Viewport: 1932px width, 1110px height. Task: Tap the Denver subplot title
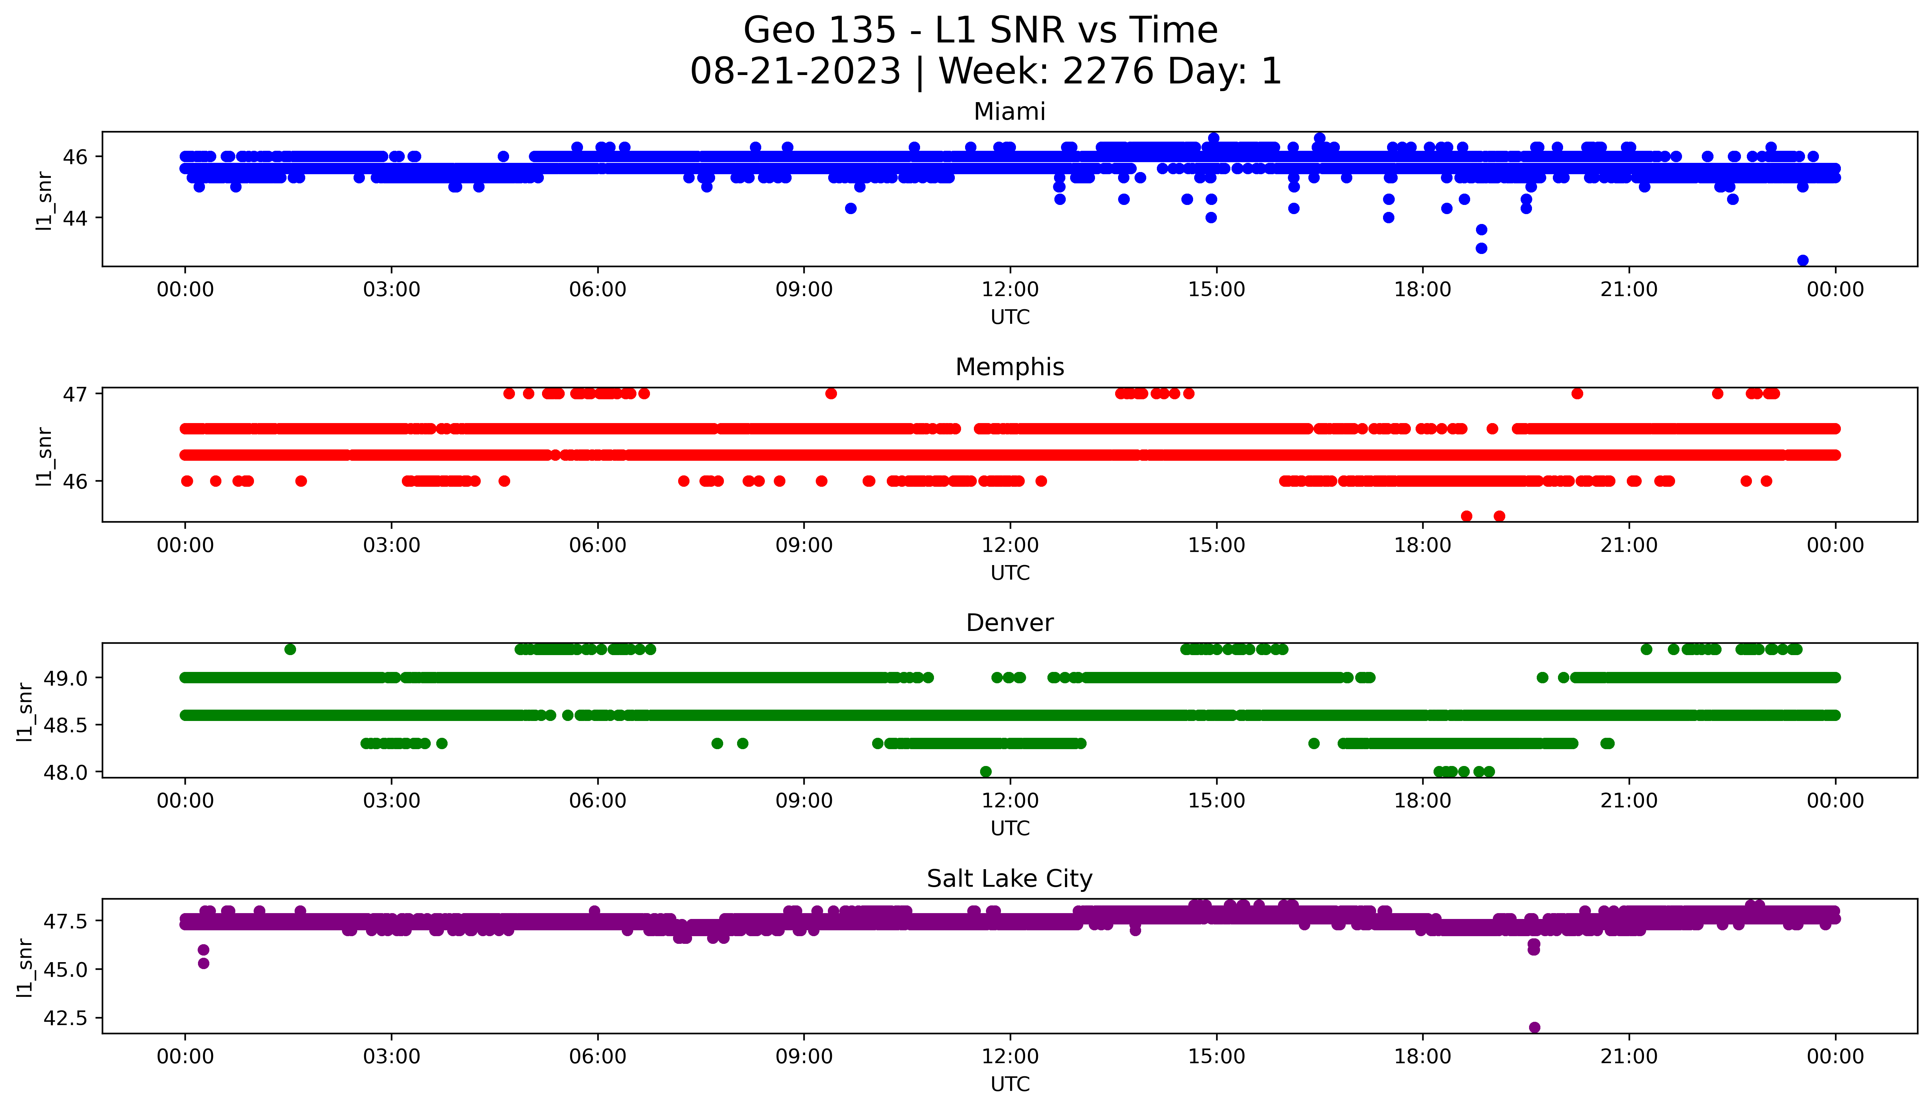1009,623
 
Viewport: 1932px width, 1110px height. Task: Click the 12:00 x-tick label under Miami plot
1010,290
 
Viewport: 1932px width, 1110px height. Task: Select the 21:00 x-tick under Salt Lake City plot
1629,1057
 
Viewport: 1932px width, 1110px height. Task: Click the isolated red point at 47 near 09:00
831,393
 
